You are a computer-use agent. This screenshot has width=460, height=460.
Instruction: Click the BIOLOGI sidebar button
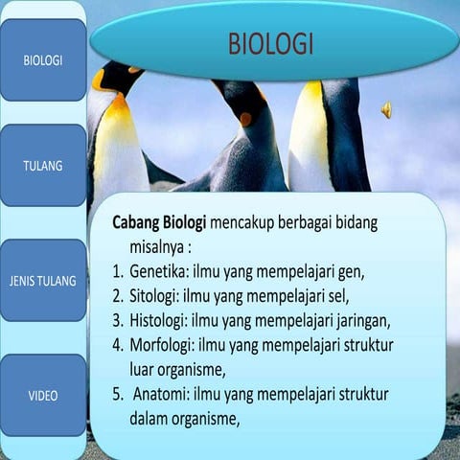point(43,59)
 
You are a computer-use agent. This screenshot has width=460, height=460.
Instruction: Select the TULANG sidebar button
point(43,165)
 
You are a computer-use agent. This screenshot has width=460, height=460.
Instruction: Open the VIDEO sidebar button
point(43,395)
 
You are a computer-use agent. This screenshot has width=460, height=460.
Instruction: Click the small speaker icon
point(386,110)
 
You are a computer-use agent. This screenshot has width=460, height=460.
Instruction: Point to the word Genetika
point(160,270)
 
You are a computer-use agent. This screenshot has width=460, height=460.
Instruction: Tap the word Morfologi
point(163,344)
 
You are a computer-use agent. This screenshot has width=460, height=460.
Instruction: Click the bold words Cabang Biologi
point(159,221)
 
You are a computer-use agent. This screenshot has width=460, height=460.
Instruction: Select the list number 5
point(117,394)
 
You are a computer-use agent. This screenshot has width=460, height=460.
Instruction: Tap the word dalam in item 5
point(149,419)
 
